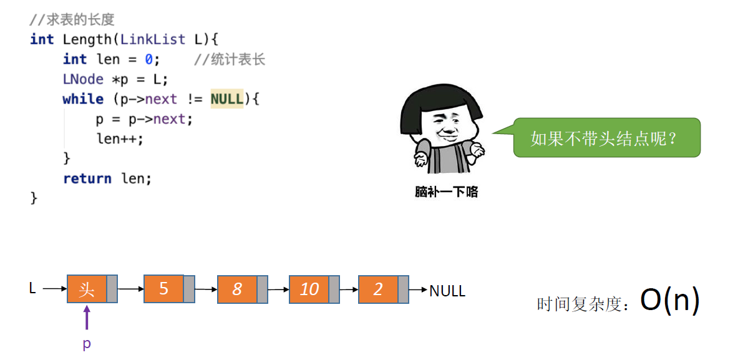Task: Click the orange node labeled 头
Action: tap(87, 289)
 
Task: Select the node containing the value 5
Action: tap(163, 289)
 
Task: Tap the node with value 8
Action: tap(237, 289)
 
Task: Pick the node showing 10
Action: tap(309, 289)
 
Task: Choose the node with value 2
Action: tap(378, 289)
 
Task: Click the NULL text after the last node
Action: tap(447, 291)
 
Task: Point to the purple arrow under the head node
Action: tap(87, 317)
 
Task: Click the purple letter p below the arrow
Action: tap(87, 344)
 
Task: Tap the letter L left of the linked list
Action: tap(33, 288)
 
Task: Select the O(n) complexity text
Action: tap(670, 301)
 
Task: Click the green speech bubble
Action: tap(606, 137)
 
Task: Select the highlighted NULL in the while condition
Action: tap(227, 99)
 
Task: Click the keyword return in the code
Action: tap(87, 178)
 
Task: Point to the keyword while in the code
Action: tap(83, 99)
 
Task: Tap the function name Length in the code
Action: tap(87, 39)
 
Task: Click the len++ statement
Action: tap(120, 139)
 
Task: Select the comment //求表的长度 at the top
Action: tap(72, 20)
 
